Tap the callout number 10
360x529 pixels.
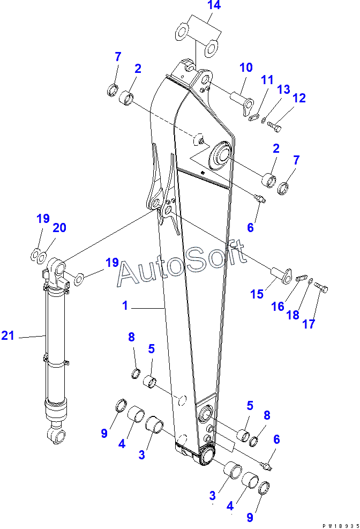245,68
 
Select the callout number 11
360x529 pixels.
267,80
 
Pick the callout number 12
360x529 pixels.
299,98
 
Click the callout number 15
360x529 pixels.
258,294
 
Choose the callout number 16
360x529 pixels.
277,306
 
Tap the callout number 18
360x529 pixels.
292,315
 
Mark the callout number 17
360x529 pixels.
309,324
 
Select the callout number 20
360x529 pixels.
59,228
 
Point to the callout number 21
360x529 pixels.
7,336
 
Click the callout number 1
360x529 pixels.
125,306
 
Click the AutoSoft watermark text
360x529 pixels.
182,265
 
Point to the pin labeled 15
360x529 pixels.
279,274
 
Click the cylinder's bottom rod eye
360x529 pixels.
57,435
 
